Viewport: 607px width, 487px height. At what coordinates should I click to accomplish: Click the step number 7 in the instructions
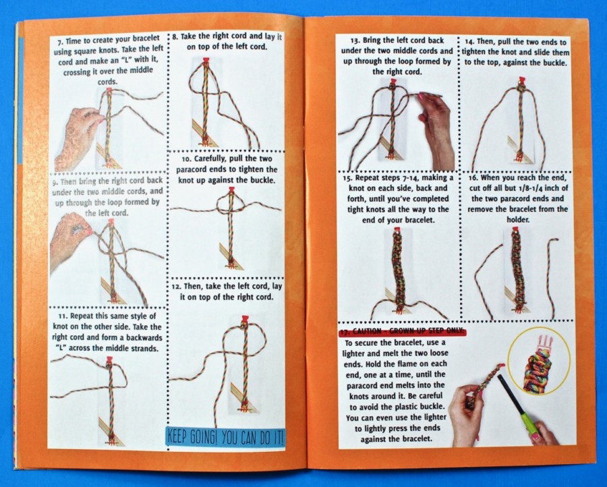click(x=59, y=40)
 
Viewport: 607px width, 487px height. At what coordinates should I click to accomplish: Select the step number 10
click(x=186, y=159)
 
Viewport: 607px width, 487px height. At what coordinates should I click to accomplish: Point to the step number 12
click(x=176, y=287)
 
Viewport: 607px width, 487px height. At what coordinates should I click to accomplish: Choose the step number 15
click(x=347, y=179)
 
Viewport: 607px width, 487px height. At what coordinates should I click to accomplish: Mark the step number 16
click(x=474, y=179)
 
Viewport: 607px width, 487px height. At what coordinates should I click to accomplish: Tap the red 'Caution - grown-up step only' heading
click(x=403, y=332)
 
